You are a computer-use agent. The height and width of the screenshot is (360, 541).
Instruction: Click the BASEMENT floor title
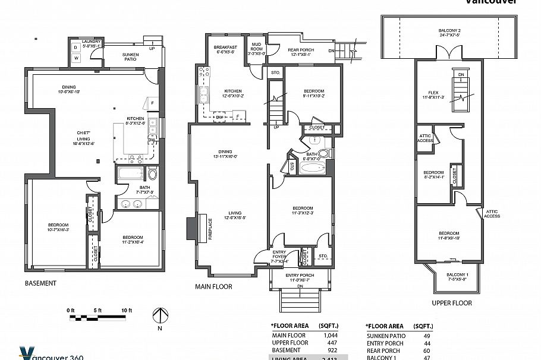[x=40, y=283]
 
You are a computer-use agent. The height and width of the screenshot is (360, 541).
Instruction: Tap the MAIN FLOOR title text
[x=214, y=286]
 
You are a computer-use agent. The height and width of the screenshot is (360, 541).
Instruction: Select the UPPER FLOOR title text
[x=452, y=303]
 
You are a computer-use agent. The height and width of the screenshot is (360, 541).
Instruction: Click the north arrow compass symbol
[x=159, y=316]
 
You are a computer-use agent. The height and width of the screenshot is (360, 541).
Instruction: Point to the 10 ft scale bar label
[x=125, y=310]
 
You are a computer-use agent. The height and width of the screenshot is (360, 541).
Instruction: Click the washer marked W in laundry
[x=76, y=58]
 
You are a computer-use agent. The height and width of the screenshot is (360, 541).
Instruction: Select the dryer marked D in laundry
[x=76, y=47]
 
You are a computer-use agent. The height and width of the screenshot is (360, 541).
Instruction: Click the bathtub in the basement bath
[x=129, y=175]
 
